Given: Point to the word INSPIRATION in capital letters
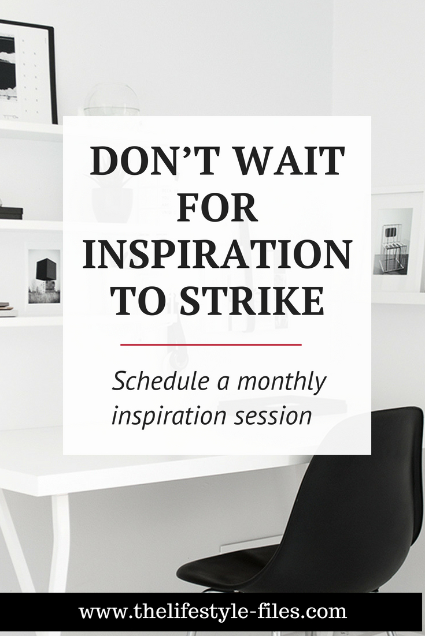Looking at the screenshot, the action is click(x=217, y=255).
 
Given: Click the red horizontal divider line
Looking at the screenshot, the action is click(x=211, y=345).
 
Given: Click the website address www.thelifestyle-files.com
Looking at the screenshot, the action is click(x=213, y=612).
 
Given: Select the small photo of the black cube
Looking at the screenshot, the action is click(x=45, y=276).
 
